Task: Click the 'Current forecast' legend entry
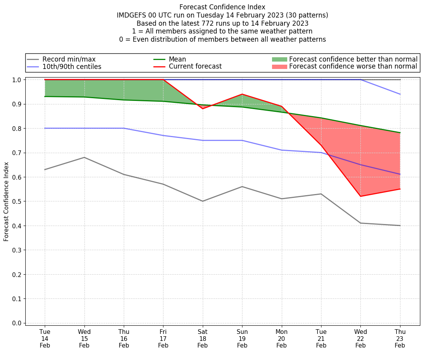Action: pos(195,67)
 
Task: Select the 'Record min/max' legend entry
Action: pos(68,59)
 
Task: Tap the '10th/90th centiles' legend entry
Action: pos(72,67)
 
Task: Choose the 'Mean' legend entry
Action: pos(177,59)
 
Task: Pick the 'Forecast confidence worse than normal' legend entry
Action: pos(353,67)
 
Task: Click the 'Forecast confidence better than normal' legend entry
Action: pos(353,59)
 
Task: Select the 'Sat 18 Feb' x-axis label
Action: pos(202,338)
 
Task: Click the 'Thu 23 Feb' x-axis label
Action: pos(400,338)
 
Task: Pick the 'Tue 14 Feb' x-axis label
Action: pos(45,338)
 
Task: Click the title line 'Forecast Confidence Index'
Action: pos(222,7)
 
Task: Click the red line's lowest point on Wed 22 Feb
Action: pos(360,196)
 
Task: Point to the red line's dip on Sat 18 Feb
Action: pos(203,109)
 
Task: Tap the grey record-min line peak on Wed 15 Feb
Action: pos(84,157)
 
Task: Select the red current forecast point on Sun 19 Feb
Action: pos(242,94)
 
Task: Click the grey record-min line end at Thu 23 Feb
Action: pos(400,226)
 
